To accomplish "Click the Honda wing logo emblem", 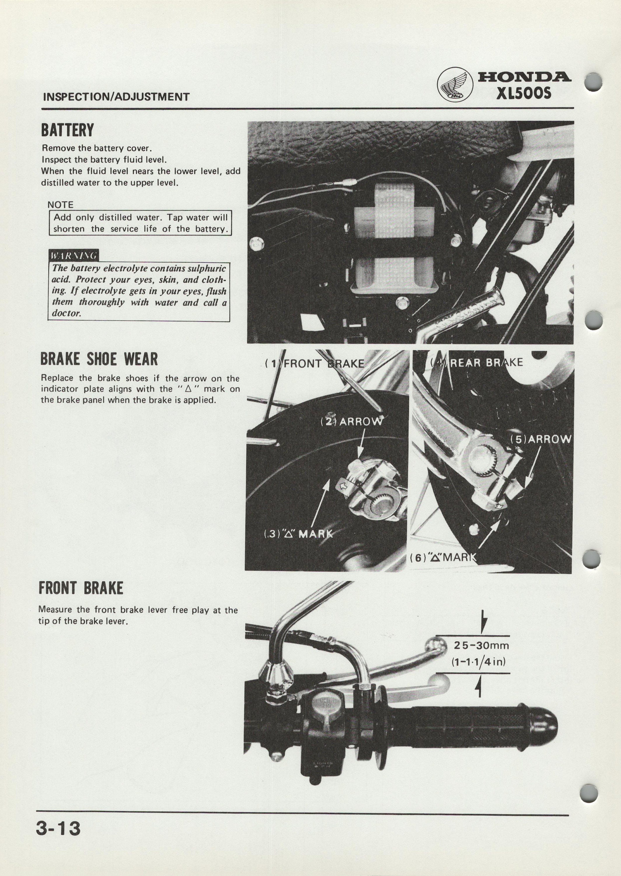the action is point(455,85).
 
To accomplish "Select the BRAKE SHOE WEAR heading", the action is point(99,359).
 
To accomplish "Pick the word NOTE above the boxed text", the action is point(60,205).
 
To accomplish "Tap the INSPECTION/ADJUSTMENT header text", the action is point(116,97).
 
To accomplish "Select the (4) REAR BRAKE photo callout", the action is point(477,362).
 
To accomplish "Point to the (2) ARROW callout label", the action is point(351,422).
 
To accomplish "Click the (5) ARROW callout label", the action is point(541,439).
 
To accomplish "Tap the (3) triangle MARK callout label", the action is point(299,534).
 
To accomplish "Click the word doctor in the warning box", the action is point(67,313).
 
